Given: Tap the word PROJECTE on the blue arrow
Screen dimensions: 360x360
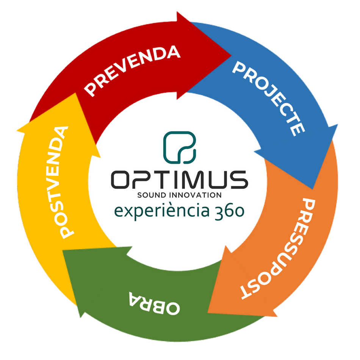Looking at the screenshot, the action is (269, 98).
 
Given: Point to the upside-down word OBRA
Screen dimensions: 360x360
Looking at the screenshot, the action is (154, 303).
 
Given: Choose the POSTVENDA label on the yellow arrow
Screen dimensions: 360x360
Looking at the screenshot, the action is (61, 182).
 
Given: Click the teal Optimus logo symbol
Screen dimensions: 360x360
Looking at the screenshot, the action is (180, 147).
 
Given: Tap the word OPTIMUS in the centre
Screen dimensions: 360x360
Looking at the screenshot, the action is (180, 180).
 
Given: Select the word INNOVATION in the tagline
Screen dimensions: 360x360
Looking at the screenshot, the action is (196, 195).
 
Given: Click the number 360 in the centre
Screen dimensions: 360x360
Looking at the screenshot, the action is (229, 211).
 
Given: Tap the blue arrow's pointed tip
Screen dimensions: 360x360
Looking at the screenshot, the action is (313, 189).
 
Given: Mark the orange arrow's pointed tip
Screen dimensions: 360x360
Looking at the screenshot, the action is (208, 313).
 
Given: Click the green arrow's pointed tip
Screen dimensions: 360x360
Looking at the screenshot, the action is (63, 250).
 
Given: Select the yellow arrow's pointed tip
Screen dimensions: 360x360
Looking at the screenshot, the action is (75, 93).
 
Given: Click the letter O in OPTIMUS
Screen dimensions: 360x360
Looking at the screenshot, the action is (120, 180).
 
